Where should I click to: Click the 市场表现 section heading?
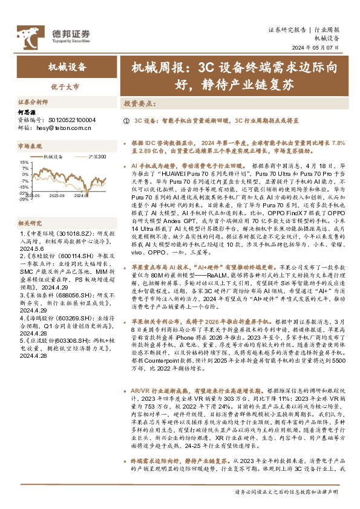tap(30, 146)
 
